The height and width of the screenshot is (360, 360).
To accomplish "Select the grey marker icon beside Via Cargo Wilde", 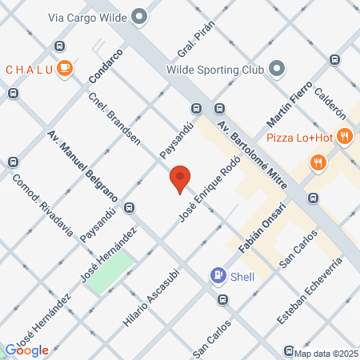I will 140,15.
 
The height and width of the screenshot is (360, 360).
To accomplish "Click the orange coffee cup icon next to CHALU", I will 65,68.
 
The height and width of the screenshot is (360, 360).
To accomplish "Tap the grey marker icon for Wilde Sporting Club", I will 277,68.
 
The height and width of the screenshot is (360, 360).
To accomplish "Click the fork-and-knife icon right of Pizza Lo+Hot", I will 344,137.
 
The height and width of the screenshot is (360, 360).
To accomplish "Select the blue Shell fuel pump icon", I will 218,275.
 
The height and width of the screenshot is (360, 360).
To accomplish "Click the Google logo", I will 27,350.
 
